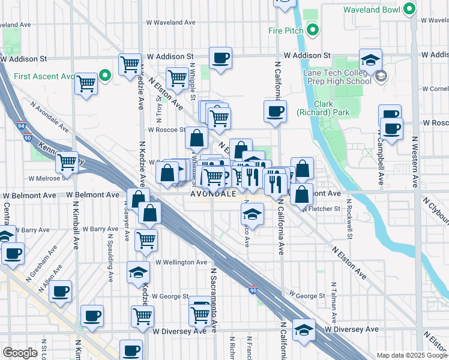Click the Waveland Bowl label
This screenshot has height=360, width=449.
click(373, 10)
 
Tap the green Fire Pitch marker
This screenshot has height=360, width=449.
click(313, 29)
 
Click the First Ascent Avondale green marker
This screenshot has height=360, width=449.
click(105, 76)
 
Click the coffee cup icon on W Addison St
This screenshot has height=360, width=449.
click(221, 58)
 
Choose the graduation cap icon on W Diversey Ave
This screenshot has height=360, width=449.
click(304, 329)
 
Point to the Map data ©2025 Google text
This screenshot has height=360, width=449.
click(412, 355)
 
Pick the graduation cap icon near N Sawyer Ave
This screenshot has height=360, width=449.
click(138, 272)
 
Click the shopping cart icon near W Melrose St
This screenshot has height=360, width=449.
click(67, 162)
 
